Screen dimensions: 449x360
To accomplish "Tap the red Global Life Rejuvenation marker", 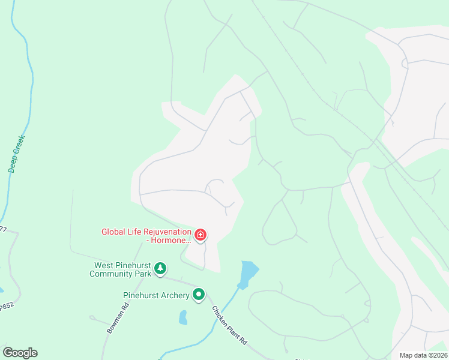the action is click(x=200, y=235).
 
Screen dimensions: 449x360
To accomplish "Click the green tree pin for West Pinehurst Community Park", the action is click(x=160, y=268).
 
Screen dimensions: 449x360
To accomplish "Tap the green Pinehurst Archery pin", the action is click(x=199, y=295).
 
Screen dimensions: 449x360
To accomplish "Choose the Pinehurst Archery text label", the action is click(x=155, y=295).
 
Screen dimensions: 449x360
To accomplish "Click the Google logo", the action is click(x=20, y=353).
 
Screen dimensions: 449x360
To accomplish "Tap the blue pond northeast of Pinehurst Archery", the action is click(x=249, y=274).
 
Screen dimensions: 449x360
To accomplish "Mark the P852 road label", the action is click(x=5, y=306).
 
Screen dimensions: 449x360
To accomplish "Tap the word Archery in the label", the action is click(x=173, y=295).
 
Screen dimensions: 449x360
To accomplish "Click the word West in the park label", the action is click(x=104, y=266).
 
